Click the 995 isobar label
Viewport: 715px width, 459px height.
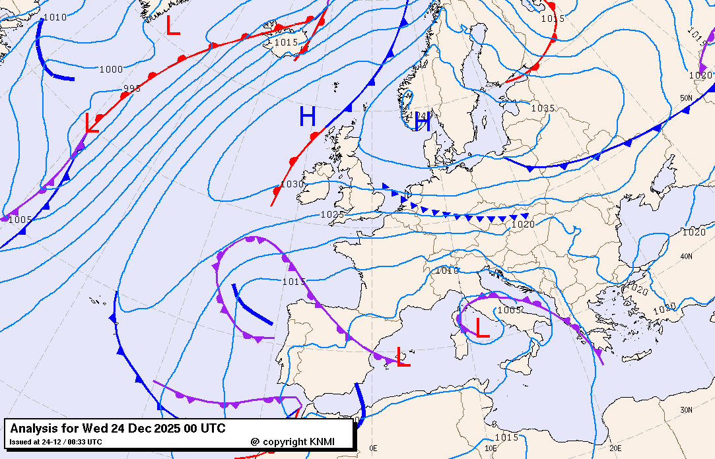tap(132, 89)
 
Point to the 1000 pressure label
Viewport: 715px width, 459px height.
tap(111, 69)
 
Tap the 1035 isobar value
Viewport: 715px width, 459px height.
tap(543, 108)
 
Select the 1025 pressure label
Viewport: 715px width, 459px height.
tap(332, 214)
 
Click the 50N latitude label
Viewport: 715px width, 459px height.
tap(687, 98)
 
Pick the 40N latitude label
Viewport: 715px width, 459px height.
tap(687, 257)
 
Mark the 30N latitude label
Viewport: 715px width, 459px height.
tap(687, 410)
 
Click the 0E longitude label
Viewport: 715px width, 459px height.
tap(374, 448)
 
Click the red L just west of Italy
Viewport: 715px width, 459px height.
tap(483, 328)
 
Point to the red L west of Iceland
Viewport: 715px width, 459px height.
tap(173, 26)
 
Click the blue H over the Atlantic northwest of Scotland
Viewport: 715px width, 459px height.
tap(308, 117)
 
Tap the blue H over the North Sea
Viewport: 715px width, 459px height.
tap(423, 121)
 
